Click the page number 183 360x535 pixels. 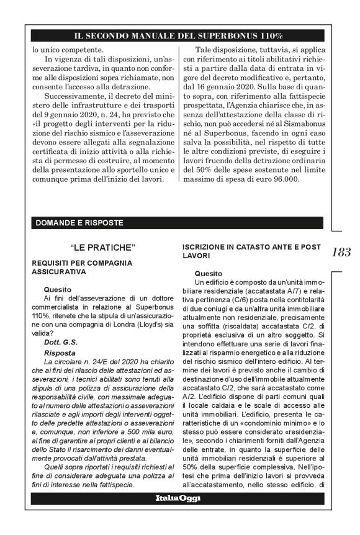341,252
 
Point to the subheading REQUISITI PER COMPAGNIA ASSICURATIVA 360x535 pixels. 82,267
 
